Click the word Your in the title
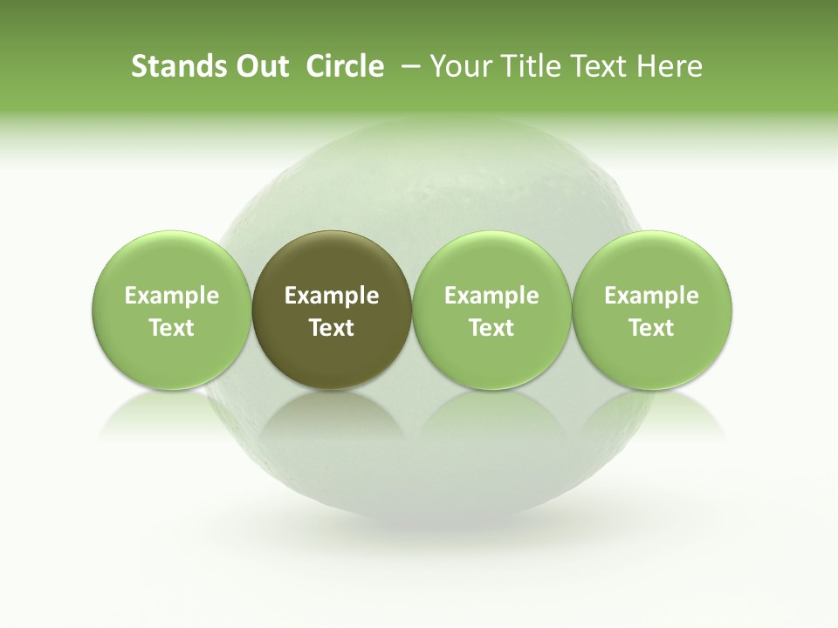pyautogui.click(x=458, y=66)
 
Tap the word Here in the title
pyautogui.click(x=669, y=66)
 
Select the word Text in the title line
pyautogui.click(x=595, y=66)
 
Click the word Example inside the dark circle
pyautogui.click(x=332, y=297)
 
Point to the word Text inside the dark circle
pyautogui.click(x=332, y=328)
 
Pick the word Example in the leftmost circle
pyautogui.click(x=171, y=297)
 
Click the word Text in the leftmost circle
pyautogui.click(x=171, y=328)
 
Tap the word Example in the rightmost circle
pyautogui.click(x=652, y=297)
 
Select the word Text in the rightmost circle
pyautogui.click(x=652, y=328)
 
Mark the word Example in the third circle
pyautogui.click(x=491, y=297)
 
